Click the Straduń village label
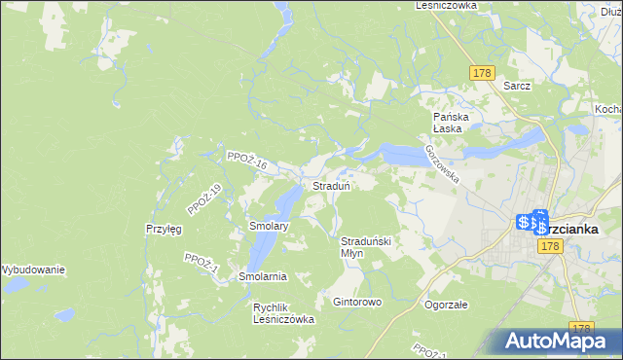click(331, 186)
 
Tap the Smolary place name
click(268, 227)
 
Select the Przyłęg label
click(164, 229)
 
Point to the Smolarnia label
click(263, 276)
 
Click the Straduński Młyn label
click(365, 246)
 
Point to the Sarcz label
click(517, 86)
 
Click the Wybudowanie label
click(32, 270)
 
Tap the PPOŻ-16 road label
click(246, 161)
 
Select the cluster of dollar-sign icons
click(531, 224)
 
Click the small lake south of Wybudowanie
click(64, 315)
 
